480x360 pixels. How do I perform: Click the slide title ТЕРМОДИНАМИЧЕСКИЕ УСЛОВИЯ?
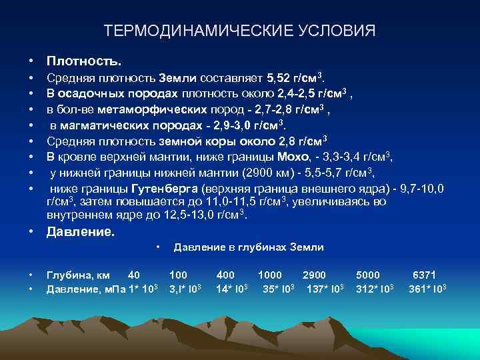pos(240,31)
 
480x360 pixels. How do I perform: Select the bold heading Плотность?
pos(84,61)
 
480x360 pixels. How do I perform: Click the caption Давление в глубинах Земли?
pos(249,247)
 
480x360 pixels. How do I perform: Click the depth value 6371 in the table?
pos(424,274)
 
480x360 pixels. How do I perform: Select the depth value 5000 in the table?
pos(368,274)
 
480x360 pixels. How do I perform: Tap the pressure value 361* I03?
pos(427,289)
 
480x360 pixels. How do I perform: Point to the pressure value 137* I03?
pos(325,289)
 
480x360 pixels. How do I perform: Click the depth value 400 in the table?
pos(225,274)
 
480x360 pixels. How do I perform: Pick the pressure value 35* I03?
pos(278,289)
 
